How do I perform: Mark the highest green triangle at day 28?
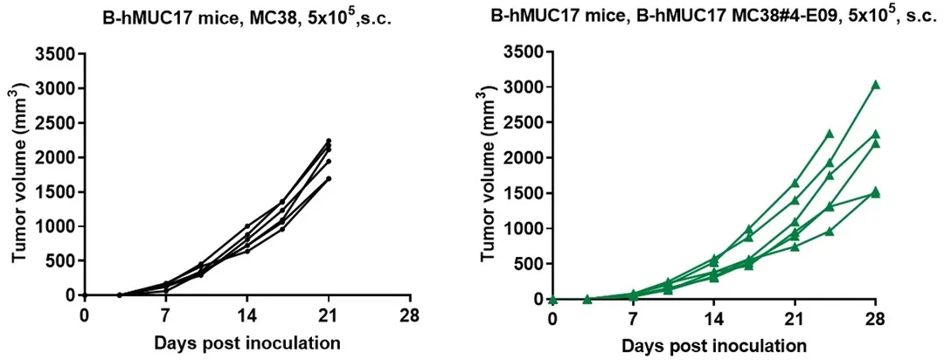[x=876, y=85]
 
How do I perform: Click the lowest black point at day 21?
[x=329, y=178]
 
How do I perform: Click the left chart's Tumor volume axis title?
[x=18, y=174]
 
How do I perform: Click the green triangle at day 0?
[x=552, y=300]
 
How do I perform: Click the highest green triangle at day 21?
[x=795, y=183]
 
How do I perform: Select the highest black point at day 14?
[x=247, y=226]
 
